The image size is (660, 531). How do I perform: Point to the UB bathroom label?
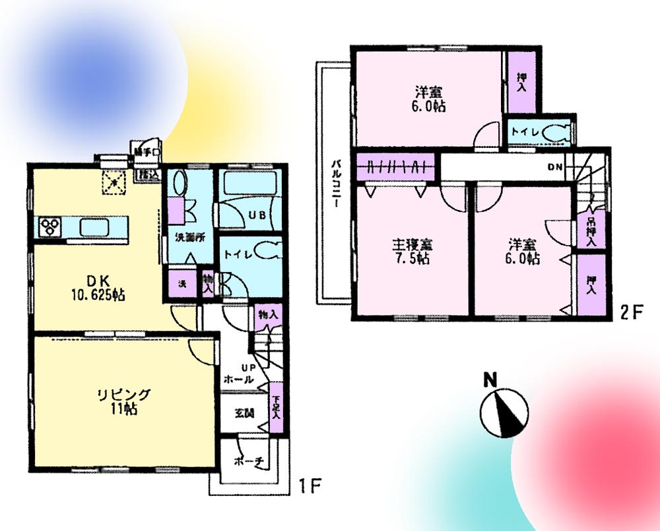pyautogui.click(x=257, y=215)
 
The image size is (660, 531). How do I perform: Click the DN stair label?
pyautogui.click(x=554, y=167)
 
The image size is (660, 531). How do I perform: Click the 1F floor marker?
pyautogui.click(x=308, y=487)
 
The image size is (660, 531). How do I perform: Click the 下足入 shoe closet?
pyautogui.click(x=276, y=409)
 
